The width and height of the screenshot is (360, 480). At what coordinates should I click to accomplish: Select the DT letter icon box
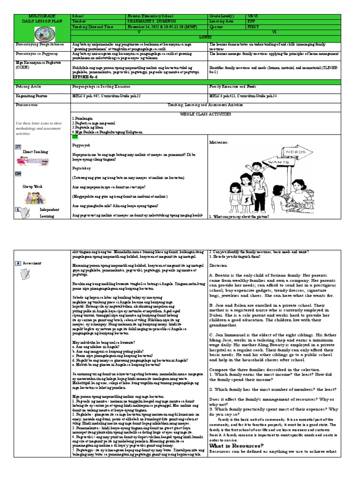click(19, 147)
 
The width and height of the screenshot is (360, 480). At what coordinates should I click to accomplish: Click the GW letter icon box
click(19, 173)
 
